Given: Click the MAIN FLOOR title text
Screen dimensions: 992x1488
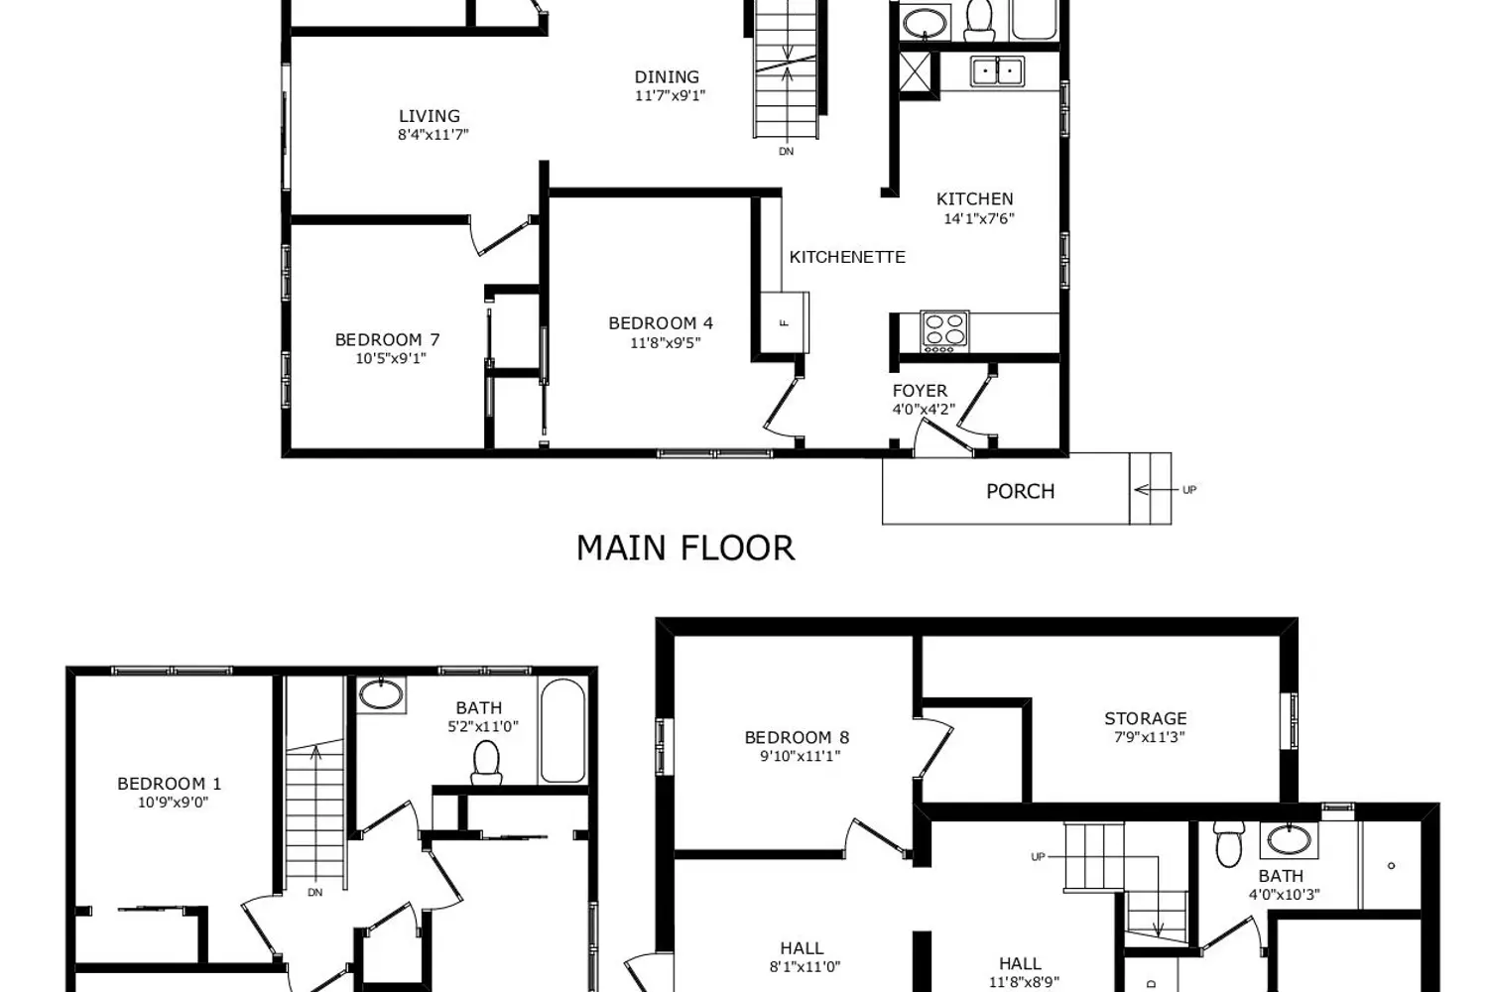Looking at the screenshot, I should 685,549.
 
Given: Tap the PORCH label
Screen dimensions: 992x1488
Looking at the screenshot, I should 1020,491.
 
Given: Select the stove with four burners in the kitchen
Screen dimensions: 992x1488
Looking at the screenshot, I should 944,331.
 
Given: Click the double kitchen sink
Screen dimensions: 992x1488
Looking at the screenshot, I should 997,71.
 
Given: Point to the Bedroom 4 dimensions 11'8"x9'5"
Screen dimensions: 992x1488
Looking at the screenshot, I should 665,343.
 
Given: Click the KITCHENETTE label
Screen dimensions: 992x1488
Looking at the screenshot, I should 847,257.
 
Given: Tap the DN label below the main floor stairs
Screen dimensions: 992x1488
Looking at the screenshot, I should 786,152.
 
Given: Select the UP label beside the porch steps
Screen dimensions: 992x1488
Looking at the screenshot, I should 1189,490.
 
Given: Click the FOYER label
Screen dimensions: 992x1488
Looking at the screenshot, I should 920,391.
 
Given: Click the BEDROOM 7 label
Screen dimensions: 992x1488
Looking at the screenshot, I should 387,339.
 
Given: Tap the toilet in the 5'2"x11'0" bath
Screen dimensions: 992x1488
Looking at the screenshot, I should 486,761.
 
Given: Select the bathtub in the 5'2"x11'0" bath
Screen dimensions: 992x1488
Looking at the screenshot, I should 562,731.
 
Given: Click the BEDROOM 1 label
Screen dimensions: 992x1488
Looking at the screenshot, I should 162,784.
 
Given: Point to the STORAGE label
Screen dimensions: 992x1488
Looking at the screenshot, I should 1145,718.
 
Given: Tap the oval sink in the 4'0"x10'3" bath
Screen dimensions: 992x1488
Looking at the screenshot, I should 1289,840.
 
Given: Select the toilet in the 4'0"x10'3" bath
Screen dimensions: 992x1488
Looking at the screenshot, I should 1229,845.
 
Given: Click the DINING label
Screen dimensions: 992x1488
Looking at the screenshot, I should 667,76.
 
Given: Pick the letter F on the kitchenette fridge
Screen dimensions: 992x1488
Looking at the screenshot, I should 784,321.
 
